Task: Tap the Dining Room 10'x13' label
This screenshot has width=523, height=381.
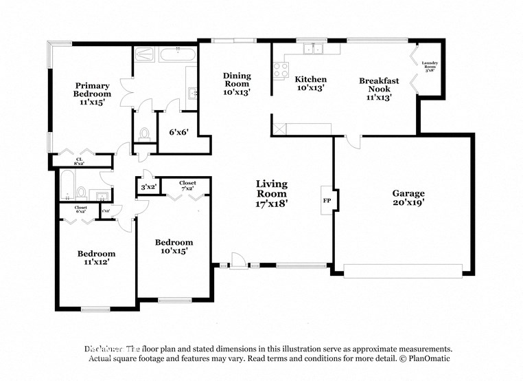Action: tap(237, 83)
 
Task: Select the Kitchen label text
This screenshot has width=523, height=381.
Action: tap(311, 83)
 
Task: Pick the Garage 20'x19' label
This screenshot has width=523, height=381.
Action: tap(408, 198)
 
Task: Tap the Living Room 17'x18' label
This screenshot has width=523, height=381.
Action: tap(272, 193)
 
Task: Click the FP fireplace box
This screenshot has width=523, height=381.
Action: tap(327, 200)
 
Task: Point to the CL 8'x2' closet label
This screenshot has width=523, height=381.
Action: tap(79, 162)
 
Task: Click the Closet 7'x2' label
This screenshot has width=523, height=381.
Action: tap(187, 186)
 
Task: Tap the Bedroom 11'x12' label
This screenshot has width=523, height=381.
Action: tap(95, 257)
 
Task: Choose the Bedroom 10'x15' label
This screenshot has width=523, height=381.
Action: tap(174, 246)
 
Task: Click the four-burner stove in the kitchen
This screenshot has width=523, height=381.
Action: tap(281, 69)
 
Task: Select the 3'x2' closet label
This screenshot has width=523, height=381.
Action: tap(148, 186)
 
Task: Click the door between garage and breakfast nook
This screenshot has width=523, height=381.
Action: tap(351, 142)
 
